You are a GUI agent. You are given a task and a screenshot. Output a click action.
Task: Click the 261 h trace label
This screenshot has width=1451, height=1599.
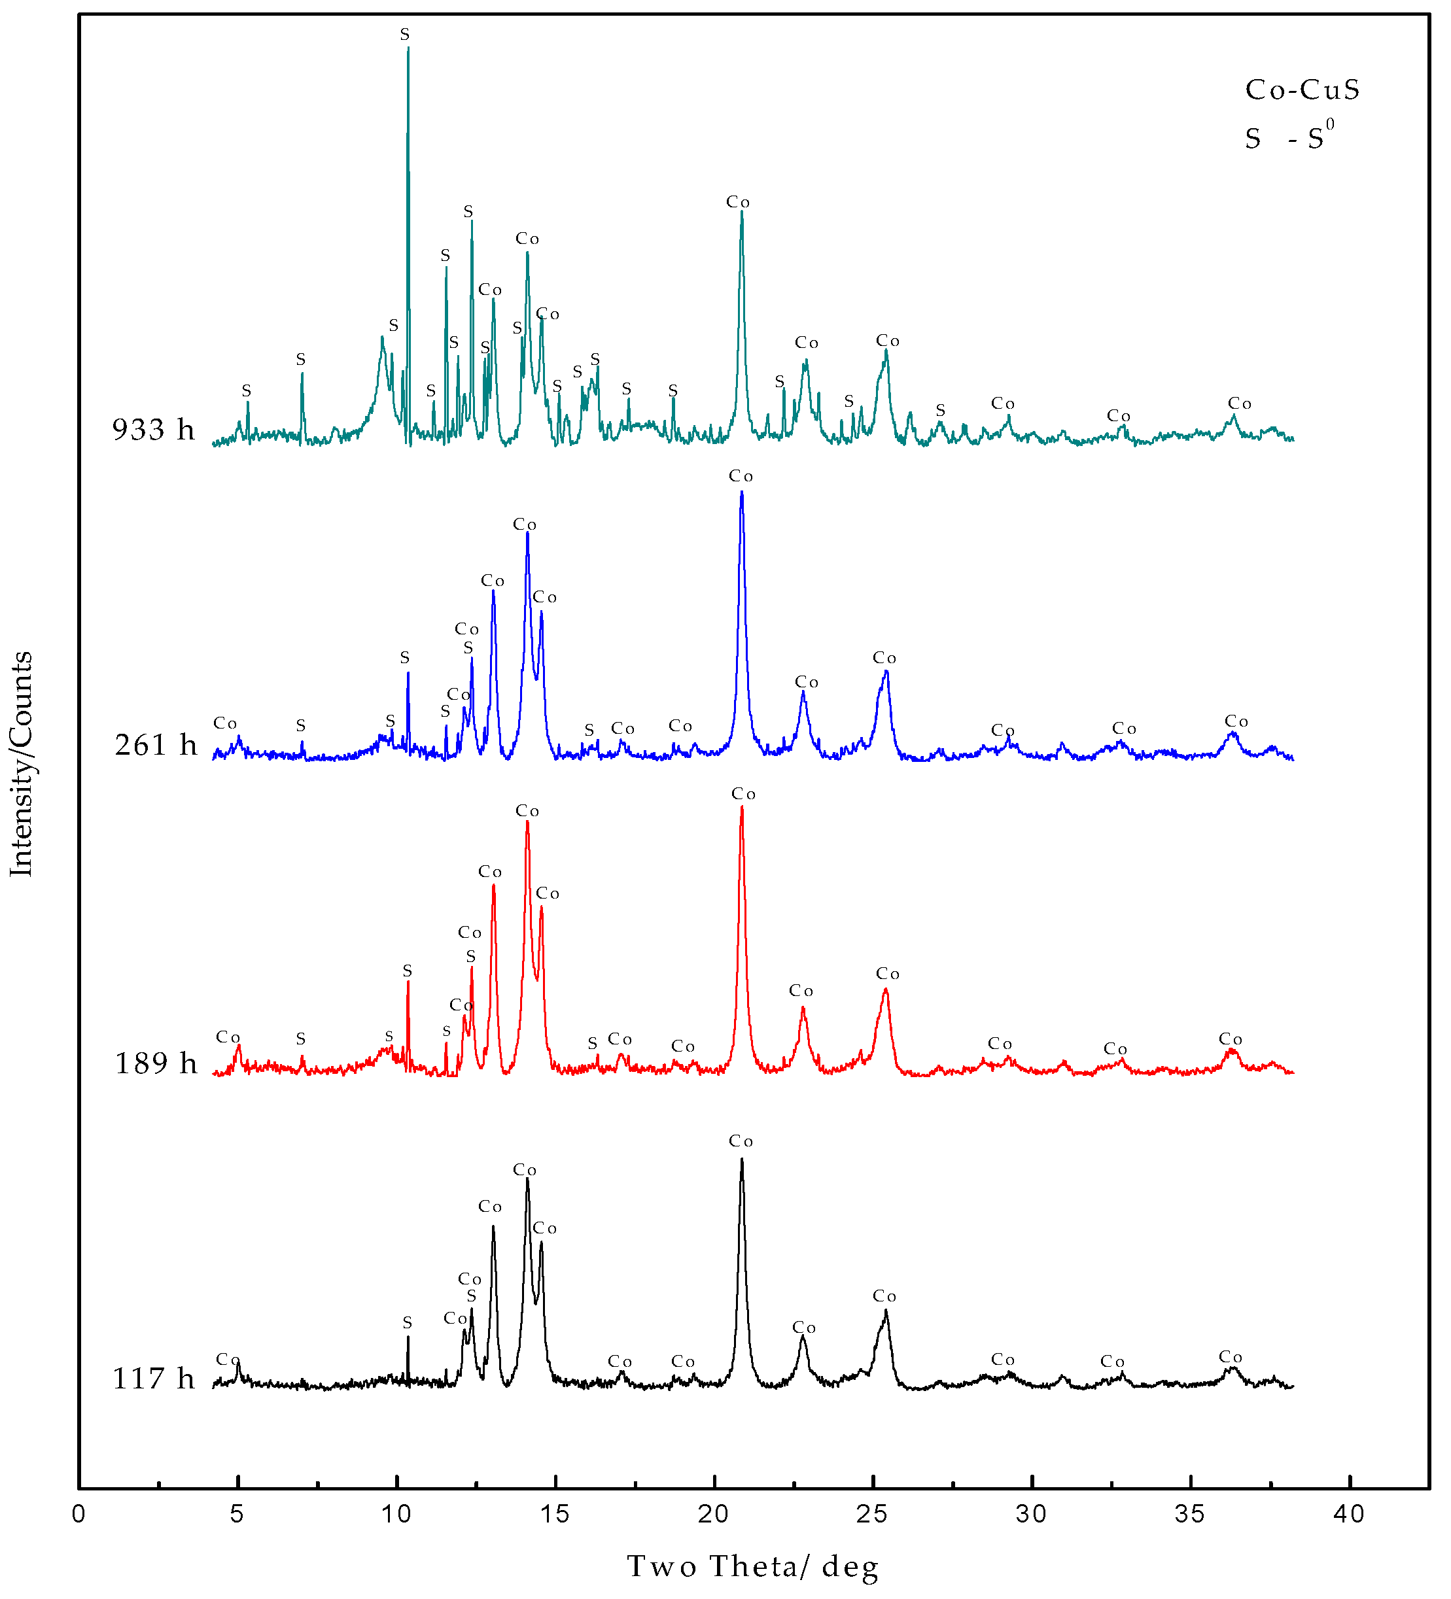pos(156,746)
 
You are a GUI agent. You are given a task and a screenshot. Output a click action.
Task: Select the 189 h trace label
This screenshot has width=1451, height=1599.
pos(156,1063)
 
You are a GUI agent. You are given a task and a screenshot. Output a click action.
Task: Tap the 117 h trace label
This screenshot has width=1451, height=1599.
pos(153,1379)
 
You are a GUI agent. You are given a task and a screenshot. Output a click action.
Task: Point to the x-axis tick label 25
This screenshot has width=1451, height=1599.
pos(873,1514)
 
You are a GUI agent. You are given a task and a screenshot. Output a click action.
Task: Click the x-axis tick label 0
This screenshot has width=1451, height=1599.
pos(79,1514)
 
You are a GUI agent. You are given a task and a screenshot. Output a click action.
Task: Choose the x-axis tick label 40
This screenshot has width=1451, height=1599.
pos(1349,1514)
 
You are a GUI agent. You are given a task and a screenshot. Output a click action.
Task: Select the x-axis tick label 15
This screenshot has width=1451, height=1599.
pos(555,1514)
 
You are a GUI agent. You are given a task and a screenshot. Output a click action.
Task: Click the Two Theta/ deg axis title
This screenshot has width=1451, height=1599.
pos(753,1566)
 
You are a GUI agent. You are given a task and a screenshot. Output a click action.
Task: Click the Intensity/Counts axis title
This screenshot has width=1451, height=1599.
pos(22,764)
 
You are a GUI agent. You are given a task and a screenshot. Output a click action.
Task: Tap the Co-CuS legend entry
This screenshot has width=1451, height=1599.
pos(1302,90)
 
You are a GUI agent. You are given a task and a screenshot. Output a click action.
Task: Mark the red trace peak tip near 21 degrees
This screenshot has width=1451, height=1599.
pos(742,808)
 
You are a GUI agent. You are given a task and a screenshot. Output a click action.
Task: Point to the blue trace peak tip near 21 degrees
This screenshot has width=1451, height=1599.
pos(742,492)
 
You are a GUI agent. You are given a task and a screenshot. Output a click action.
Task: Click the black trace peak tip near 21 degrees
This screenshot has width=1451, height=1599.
pos(742,1160)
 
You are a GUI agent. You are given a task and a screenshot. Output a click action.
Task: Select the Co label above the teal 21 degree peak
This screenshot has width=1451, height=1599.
pos(738,202)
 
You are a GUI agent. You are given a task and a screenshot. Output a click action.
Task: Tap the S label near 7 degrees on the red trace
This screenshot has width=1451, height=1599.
pos(301,1039)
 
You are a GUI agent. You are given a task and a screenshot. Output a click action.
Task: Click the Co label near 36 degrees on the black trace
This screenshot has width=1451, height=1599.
pos(1231,1357)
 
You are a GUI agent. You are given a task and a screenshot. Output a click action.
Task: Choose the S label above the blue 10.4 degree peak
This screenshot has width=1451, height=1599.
pos(404,657)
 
